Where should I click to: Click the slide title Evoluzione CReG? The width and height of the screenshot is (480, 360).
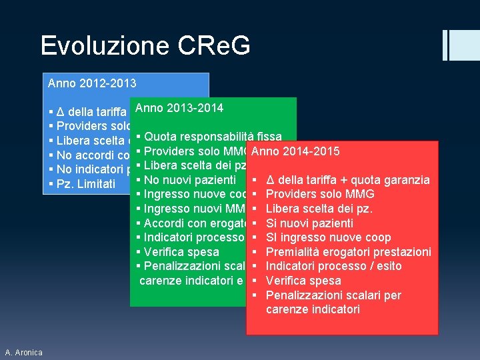pos(145,46)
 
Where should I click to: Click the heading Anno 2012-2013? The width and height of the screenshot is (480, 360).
pos(92,84)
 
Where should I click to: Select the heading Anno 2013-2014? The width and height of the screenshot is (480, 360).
pos(179,108)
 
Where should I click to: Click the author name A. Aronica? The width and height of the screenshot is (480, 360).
pos(23,352)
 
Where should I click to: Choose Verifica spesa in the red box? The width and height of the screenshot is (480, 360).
pos(303,281)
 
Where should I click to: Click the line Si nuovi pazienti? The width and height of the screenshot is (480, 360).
pos(309,223)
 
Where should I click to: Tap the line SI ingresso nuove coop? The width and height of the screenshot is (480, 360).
pos(328,237)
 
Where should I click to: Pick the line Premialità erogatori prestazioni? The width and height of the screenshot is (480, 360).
pos(348,252)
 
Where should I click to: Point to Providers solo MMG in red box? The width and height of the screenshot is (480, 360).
pos(320,194)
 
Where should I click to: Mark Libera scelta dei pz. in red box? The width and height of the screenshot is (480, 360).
pos(319,209)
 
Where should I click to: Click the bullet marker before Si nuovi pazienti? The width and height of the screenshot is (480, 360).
pos(256,223)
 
